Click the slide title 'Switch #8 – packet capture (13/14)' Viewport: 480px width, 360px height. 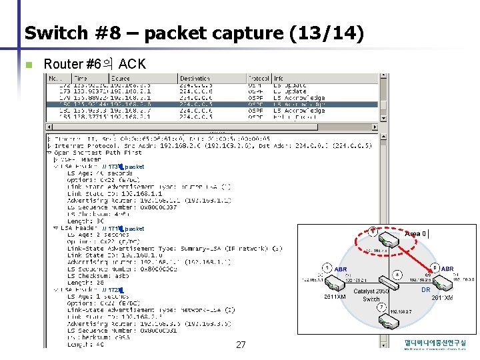[193, 33]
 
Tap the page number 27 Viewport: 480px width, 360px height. [241, 345]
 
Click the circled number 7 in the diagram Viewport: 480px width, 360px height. [373, 232]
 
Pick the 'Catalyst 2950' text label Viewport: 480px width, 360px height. [371, 292]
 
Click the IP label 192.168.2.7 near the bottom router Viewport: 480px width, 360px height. [400, 311]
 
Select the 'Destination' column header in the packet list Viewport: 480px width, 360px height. [195, 79]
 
